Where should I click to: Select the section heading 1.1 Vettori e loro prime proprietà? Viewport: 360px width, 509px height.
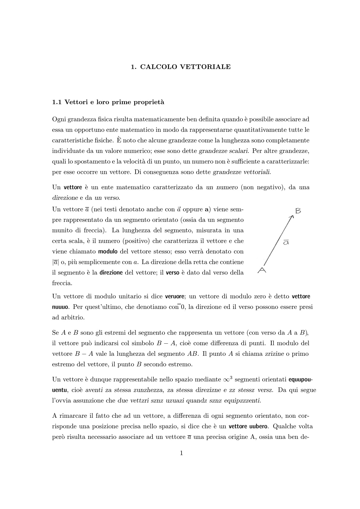click(108, 102)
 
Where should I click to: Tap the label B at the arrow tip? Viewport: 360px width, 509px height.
click(298, 211)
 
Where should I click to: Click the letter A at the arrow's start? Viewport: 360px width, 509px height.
click(262, 270)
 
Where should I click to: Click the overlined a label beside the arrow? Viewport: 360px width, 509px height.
click(286, 242)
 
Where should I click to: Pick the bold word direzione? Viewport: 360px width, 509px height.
click(111, 273)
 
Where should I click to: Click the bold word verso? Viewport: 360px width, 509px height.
click(173, 273)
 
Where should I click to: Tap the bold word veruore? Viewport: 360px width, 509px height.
click(175, 296)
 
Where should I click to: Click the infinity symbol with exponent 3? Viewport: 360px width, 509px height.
click(227, 379)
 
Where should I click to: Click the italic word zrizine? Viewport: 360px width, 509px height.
click(274, 354)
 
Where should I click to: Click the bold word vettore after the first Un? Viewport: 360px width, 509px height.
click(73, 187)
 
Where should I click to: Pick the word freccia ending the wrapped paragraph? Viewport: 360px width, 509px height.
click(61, 284)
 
